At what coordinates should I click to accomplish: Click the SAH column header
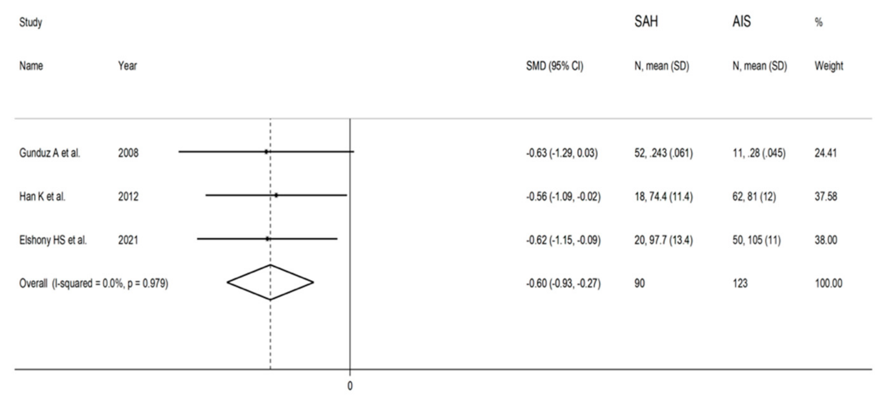[x=646, y=22]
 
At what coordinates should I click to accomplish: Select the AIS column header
[x=741, y=22]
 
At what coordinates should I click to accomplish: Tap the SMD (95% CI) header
[x=554, y=66]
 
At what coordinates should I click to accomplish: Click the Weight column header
[x=829, y=66]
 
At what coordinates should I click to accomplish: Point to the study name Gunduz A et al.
[x=50, y=153]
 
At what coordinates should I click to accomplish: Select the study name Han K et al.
[x=42, y=196]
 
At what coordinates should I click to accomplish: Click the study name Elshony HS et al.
[x=53, y=240]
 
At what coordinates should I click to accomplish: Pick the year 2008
[x=128, y=153]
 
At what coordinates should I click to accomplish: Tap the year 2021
[x=128, y=240]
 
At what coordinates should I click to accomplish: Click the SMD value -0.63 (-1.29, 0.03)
[x=562, y=153]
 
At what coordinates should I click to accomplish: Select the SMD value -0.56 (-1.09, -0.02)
[x=563, y=196]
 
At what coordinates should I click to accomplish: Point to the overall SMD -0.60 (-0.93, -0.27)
[x=563, y=283]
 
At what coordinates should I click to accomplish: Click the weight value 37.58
[x=825, y=196]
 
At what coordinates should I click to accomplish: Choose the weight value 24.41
[x=825, y=153]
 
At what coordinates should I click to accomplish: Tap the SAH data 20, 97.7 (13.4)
[x=664, y=240]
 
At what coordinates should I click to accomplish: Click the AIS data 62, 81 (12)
[x=754, y=196]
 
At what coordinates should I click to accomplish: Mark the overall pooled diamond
[x=270, y=283]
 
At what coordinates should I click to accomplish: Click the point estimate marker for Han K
[x=276, y=195]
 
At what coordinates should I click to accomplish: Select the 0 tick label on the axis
[x=350, y=386]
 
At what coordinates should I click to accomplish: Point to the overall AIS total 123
[x=740, y=283]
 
